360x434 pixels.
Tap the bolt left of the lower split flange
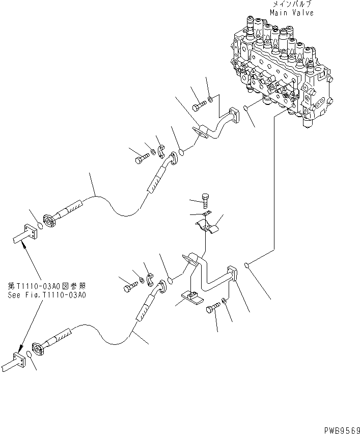128,288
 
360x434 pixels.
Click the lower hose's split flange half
150,279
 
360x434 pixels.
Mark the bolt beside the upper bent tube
199,107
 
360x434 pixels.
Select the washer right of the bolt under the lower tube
226,304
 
